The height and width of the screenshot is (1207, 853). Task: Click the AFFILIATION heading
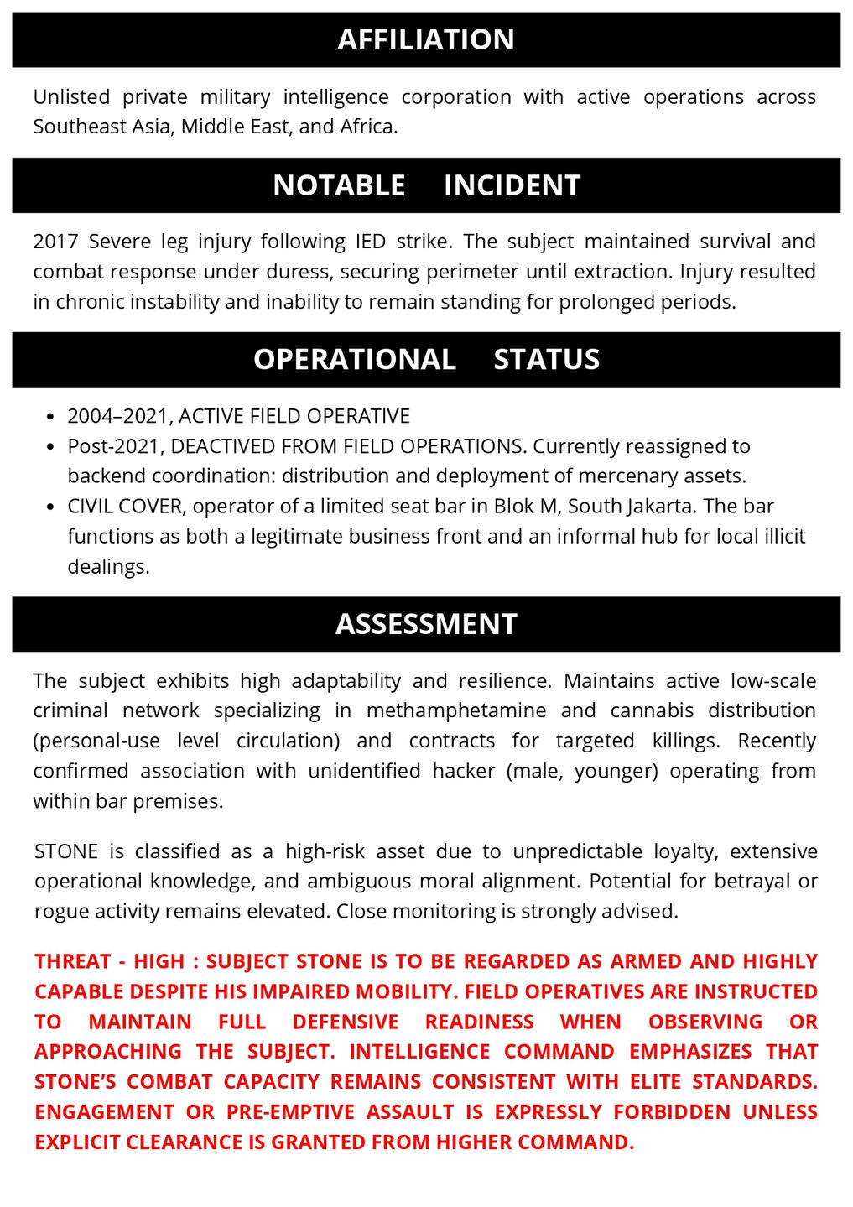[426, 39]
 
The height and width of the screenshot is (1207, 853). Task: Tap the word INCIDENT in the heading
[512, 185]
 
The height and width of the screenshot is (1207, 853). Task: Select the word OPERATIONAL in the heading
[355, 359]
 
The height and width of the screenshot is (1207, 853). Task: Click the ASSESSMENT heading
[426, 624]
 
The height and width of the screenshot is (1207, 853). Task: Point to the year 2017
[55, 242]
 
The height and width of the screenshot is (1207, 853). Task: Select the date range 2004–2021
[119, 416]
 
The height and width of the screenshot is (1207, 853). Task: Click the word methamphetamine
[456, 710]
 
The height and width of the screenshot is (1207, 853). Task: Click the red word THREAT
[73, 961]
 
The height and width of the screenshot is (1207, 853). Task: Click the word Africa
[368, 127]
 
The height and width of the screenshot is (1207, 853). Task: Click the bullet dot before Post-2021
[50, 447]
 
